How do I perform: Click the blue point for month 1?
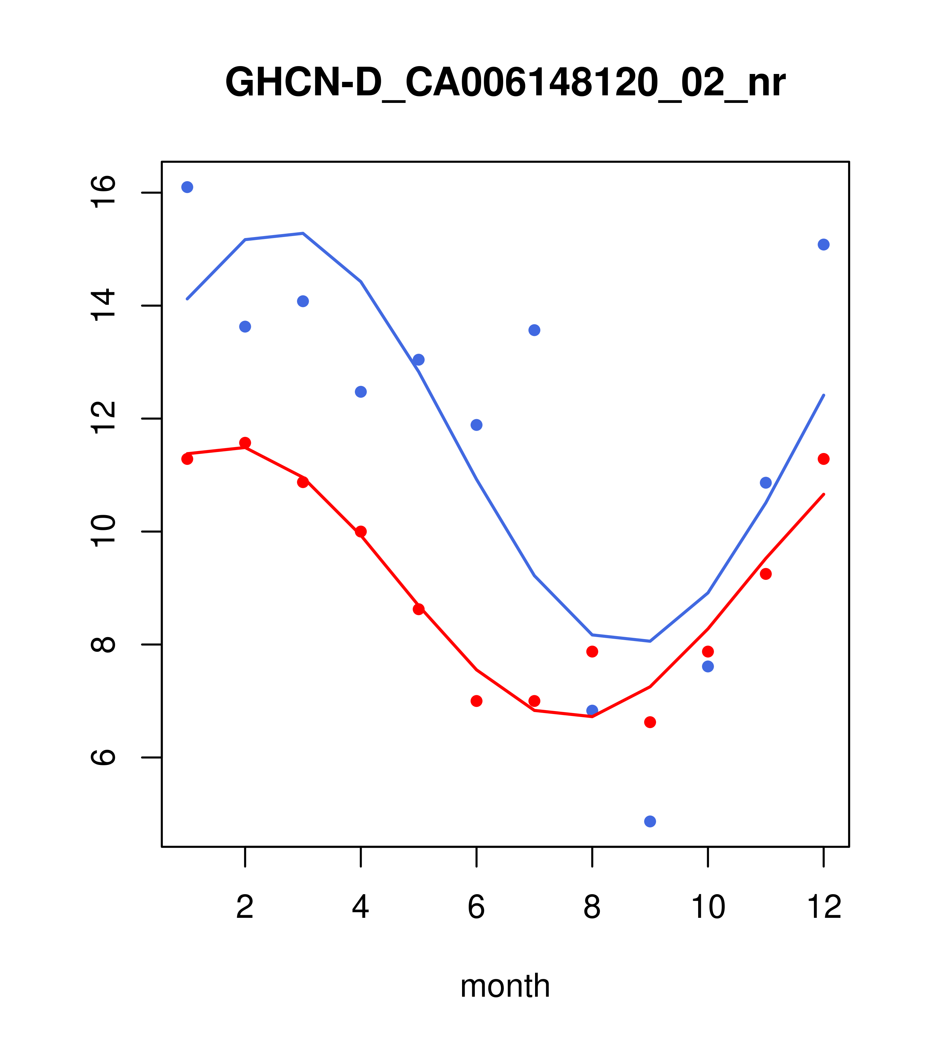(x=187, y=187)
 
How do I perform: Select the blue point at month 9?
(x=650, y=822)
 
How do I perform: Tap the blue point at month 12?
(x=824, y=245)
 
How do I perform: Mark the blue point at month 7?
(x=534, y=330)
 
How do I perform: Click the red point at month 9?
(x=650, y=722)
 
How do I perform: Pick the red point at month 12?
(x=824, y=459)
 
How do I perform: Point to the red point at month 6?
(x=477, y=701)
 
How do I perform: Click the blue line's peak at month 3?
(x=303, y=233)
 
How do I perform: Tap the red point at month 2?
(x=245, y=442)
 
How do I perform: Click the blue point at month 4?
(x=360, y=392)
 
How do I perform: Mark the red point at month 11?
(x=766, y=574)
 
